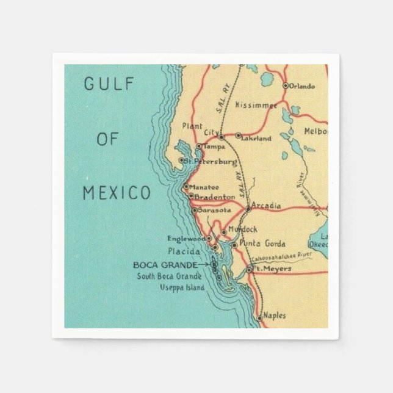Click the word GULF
pos(109,84)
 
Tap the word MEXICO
pos(117,193)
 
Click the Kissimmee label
pos(256,104)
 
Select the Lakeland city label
pos(257,139)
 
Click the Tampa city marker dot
pos(199,146)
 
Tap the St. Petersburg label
pos(211,162)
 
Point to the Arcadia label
pos(266,206)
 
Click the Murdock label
pos(243,229)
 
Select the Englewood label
pos(187,239)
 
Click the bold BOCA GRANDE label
pos(165,265)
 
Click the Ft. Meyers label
pos(272,269)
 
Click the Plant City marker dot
pos(222,137)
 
